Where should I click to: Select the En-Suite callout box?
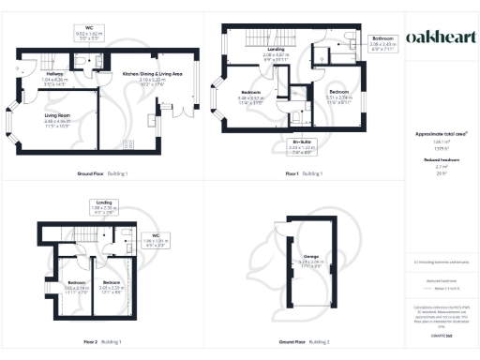[297, 145]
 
